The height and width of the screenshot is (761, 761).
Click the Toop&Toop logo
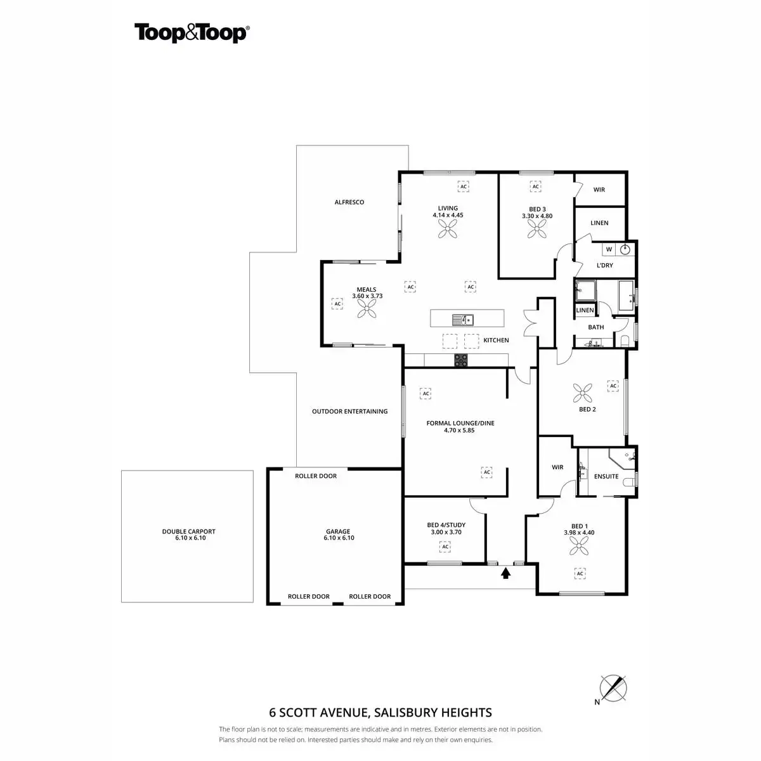click(191, 33)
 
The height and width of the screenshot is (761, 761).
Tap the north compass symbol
click(613, 687)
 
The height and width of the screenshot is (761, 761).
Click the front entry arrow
click(506, 573)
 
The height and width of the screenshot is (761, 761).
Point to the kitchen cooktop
click(461, 360)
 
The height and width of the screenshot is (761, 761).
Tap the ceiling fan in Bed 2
click(583, 393)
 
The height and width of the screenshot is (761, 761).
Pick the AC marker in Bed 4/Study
click(446, 547)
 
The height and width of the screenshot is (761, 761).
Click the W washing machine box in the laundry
click(609, 249)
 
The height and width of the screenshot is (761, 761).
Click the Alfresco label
click(349, 202)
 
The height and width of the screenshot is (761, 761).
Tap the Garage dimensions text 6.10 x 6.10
click(339, 538)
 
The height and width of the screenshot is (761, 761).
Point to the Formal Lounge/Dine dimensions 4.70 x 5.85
click(460, 430)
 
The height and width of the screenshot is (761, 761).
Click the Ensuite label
click(606, 476)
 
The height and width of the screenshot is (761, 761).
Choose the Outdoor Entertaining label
click(349, 412)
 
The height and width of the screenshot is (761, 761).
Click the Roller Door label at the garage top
click(316, 476)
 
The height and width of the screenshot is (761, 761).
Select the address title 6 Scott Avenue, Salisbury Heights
click(380, 713)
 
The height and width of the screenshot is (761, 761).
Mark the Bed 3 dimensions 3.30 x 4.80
click(537, 216)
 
